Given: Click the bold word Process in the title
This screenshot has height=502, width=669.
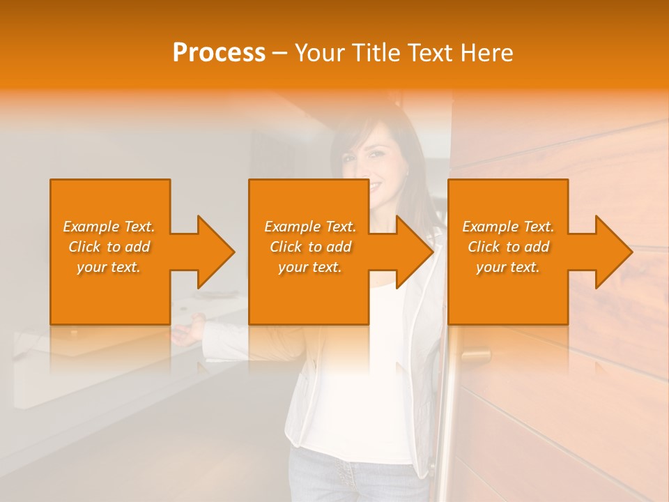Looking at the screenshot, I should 219,53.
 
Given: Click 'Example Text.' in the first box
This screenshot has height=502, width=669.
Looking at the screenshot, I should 109,227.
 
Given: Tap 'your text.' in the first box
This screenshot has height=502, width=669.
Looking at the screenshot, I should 109,267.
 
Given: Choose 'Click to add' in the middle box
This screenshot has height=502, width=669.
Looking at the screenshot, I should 310,247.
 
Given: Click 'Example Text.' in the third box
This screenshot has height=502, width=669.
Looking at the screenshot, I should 508,227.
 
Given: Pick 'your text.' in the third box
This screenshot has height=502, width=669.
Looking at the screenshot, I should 508,267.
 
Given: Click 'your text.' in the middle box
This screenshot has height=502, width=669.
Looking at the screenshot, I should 310,267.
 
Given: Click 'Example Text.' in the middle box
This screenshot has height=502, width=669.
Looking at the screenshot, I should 310,227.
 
